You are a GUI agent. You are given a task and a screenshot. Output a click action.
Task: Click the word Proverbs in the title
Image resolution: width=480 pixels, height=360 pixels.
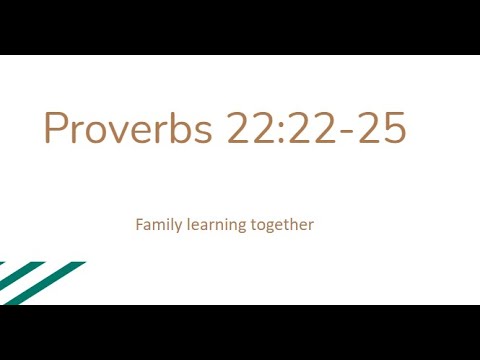tap(128, 129)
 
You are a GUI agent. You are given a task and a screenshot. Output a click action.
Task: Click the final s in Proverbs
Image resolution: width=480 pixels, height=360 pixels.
tap(202, 133)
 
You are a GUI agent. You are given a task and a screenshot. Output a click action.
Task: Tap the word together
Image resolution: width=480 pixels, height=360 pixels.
tap(283, 225)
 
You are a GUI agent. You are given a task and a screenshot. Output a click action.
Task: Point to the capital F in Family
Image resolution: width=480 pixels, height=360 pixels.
tap(139, 224)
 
